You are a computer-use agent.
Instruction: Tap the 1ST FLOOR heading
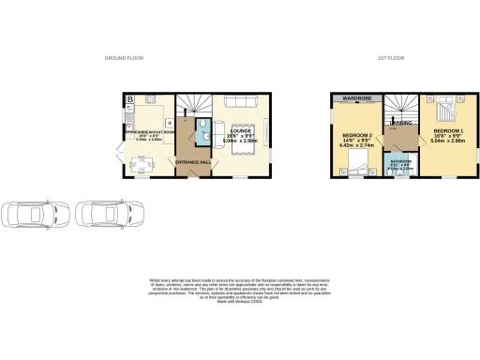click(x=389, y=58)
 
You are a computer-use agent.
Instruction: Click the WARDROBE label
click(x=355, y=97)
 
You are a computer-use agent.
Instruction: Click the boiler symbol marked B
click(x=131, y=98)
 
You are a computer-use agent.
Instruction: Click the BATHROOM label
click(x=401, y=161)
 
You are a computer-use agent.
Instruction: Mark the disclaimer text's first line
click(x=239, y=279)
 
